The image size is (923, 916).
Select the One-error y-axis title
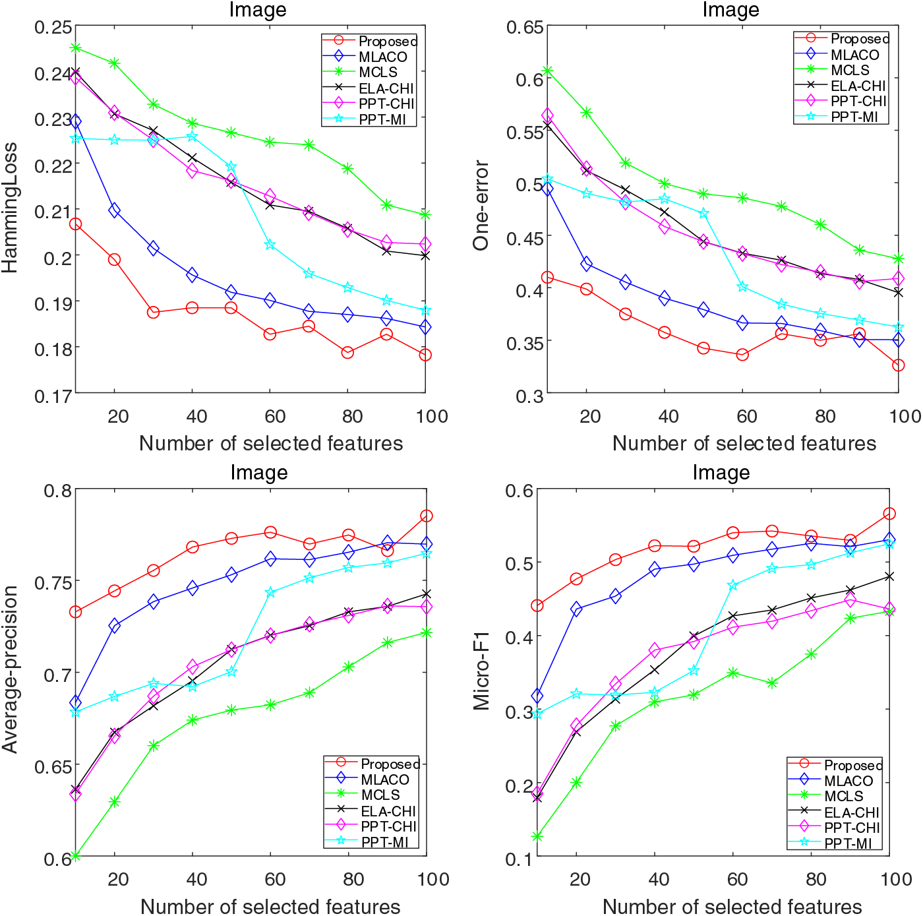(x=481, y=205)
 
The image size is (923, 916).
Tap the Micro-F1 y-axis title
(x=482, y=670)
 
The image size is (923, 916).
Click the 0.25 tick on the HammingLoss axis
(x=53, y=27)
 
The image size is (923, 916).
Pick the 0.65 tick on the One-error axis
(x=525, y=27)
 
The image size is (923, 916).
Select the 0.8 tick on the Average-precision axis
(x=58, y=490)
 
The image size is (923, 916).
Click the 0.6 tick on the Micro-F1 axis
(x=520, y=490)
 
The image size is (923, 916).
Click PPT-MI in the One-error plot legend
(x=854, y=117)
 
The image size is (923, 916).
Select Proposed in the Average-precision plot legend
(x=390, y=764)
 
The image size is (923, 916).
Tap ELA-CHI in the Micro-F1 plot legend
(x=851, y=812)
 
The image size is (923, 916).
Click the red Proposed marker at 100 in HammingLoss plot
(x=425, y=355)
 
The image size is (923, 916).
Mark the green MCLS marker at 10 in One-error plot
(x=547, y=71)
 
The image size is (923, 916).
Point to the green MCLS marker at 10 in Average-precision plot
(x=75, y=856)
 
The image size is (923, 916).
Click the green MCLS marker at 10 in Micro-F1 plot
(x=537, y=836)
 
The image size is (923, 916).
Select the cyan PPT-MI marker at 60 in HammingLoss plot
(x=270, y=245)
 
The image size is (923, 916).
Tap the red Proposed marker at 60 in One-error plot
(x=742, y=355)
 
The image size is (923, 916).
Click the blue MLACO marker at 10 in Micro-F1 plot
(x=537, y=696)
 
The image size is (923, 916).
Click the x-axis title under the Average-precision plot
(x=270, y=906)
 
